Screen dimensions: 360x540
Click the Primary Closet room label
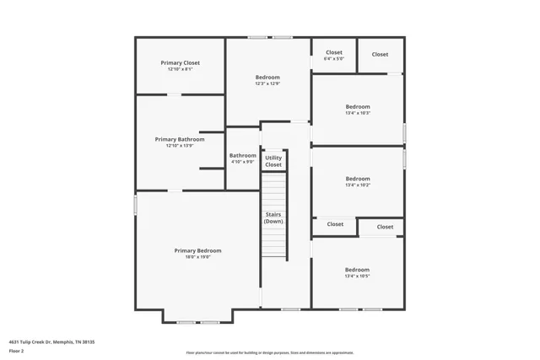(180, 62)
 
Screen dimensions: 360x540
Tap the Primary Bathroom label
(180, 139)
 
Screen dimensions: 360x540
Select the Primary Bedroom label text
(197, 250)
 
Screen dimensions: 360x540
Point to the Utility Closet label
(273, 161)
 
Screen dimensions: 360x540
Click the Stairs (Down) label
(273, 218)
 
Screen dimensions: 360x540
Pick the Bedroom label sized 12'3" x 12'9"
(267, 78)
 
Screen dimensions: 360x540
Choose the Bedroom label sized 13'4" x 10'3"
(357, 107)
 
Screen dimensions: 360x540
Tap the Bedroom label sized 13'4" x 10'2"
(357, 179)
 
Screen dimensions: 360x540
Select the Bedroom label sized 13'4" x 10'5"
(357, 270)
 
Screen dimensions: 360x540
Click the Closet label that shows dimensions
(334, 52)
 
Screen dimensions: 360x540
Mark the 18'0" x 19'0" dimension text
(197, 257)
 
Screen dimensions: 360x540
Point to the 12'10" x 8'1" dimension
(180, 69)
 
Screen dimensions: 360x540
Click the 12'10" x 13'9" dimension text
(180, 146)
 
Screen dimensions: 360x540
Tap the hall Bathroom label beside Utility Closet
(242, 155)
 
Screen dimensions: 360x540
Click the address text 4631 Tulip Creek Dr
(39, 341)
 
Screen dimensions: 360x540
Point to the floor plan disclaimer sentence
(270, 352)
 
